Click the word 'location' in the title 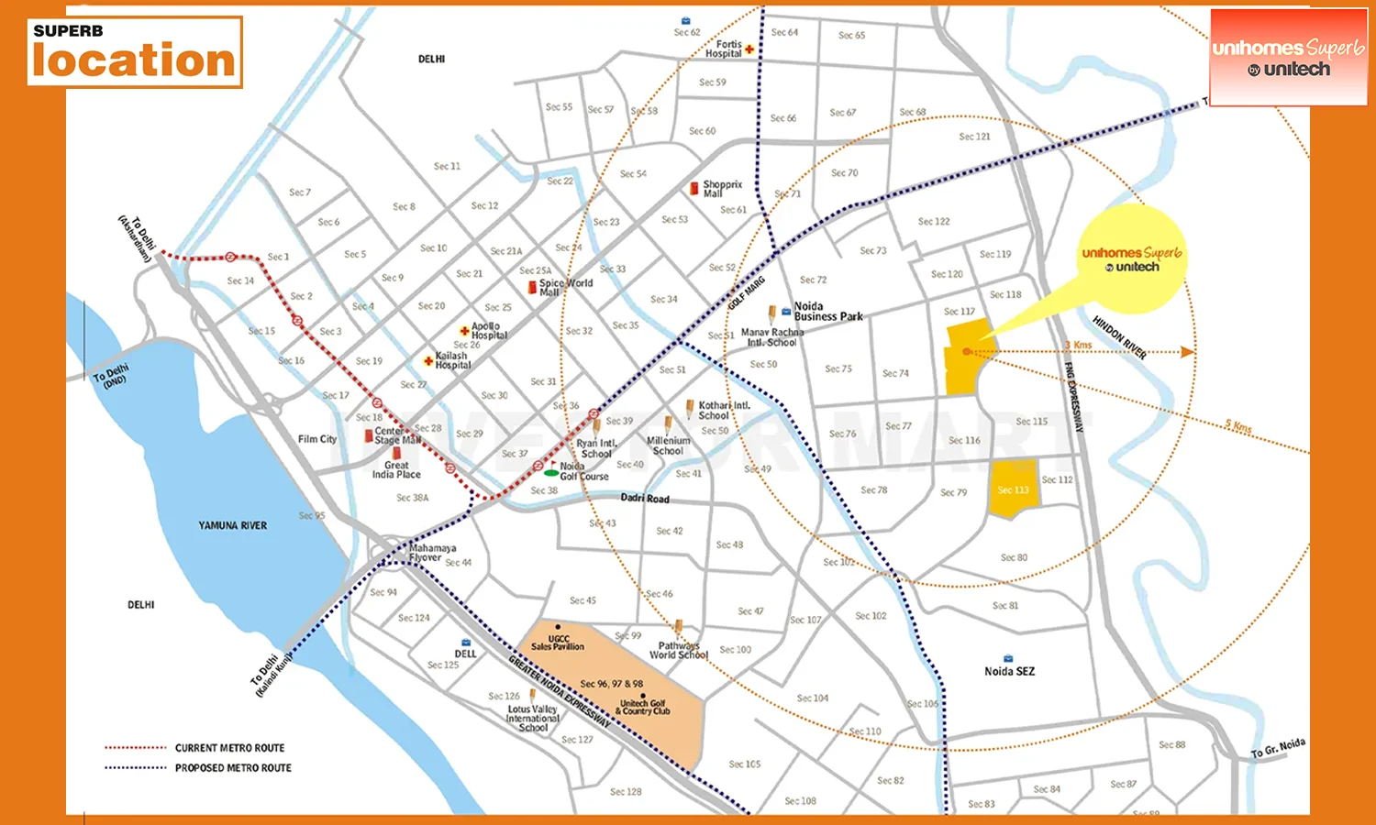(134, 60)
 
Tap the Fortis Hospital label (724, 49)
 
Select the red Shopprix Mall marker (694, 188)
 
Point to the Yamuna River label (232, 525)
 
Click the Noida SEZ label (1009, 671)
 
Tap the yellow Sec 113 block (1013, 489)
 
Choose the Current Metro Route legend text (229, 748)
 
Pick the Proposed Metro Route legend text (233, 768)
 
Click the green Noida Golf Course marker (550, 473)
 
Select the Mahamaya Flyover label (432, 553)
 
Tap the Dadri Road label (645, 498)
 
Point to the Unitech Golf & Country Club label (642, 707)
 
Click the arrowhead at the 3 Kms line (1187, 352)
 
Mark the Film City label (317, 439)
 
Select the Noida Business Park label (827, 312)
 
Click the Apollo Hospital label (488, 331)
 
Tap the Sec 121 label (974, 137)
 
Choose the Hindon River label (1119, 337)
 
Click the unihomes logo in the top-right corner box (1288, 57)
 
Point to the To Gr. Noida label (1278, 748)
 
